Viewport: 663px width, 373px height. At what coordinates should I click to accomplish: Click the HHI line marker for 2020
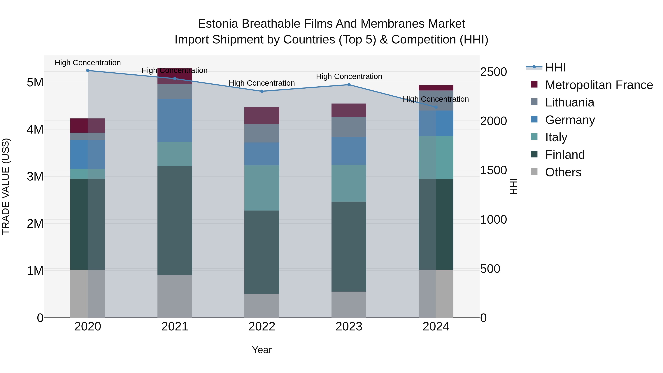tap(88, 70)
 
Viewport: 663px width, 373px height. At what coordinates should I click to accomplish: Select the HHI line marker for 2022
tap(262, 91)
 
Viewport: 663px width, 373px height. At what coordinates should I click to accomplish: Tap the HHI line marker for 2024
tap(436, 107)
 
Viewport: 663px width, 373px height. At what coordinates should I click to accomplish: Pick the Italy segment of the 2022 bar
tap(262, 188)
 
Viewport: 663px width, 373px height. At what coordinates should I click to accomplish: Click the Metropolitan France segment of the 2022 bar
tap(262, 115)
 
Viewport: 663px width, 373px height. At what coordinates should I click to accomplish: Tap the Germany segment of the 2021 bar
tap(175, 120)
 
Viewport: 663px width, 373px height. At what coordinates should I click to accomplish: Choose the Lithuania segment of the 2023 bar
tap(349, 127)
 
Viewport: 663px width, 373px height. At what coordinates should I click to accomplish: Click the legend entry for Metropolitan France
tap(599, 85)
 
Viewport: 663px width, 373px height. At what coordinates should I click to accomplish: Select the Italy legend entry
tap(556, 137)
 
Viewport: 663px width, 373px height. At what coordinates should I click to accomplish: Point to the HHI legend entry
tap(555, 67)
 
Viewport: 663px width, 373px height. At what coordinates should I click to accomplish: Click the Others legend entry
tap(563, 172)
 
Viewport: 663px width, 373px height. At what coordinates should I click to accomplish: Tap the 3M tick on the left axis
tap(35, 177)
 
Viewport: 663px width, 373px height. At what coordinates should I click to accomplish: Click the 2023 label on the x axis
tap(349, 327)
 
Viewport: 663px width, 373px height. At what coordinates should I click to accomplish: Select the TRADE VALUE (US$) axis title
tap(6, 186)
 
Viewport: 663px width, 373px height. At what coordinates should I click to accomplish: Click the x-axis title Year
tap(262, 350)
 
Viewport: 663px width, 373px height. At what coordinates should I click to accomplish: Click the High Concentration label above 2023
tap(349, 76)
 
